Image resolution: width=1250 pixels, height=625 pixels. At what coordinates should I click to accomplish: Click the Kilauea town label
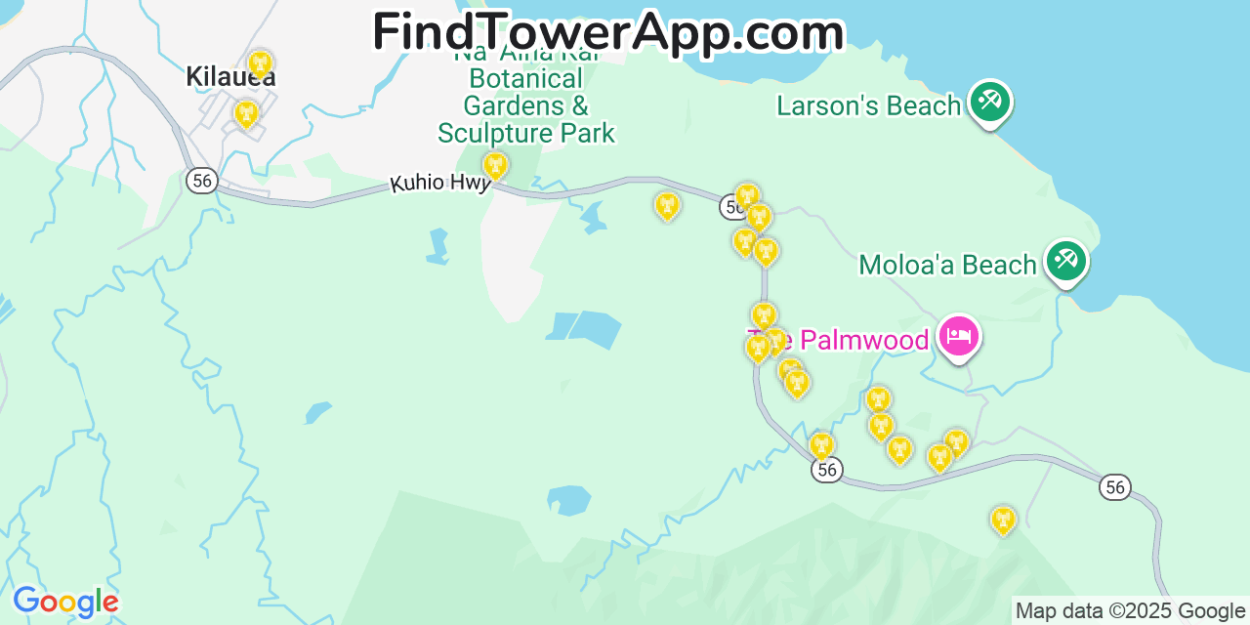pyautogui.click(x=230, y=77)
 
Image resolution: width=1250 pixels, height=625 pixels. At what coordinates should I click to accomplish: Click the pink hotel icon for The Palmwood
pyautogui.click(x=958, y=337)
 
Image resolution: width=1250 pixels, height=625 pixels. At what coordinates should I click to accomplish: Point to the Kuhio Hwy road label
pyautogui.click(x=438, y=183)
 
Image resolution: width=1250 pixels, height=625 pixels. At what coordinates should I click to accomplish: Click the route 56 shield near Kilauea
pyautogui.click(x=201, y=180)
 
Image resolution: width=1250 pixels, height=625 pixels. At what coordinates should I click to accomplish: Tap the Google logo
pyautogui.click(x=64, y=602)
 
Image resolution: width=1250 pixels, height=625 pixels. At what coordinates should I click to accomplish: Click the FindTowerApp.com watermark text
pyautogui.click(x=607, y=32)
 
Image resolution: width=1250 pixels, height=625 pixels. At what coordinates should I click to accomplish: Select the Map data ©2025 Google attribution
pyautogui.click(x=1131, y=611)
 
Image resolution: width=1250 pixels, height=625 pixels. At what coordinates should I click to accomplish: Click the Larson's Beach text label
pyautogui.click(x=868, y=105)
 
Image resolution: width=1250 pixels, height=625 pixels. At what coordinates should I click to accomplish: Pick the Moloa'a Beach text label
pyautogui.click(x=946, y=265)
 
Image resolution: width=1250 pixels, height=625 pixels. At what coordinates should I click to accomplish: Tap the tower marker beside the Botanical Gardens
pyautogui.click(x=495, y=166)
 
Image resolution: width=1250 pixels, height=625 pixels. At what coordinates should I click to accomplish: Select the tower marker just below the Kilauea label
pyautogui.click(x=246, y=114)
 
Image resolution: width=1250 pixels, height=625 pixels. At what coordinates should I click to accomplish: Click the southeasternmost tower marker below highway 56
pyautogui.click(x=1002, y=521)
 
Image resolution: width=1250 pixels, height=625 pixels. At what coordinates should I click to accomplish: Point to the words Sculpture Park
pyautogui.click(x=526, y=133)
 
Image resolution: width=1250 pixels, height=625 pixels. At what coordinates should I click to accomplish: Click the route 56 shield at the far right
pyautogui.click(x=1114, y=486)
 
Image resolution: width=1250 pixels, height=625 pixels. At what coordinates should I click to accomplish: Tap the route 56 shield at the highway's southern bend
pyautogui.click(x=826, y=470)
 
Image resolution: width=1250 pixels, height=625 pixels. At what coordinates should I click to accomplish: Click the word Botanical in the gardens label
pyautogui.click(x=526, y=78)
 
